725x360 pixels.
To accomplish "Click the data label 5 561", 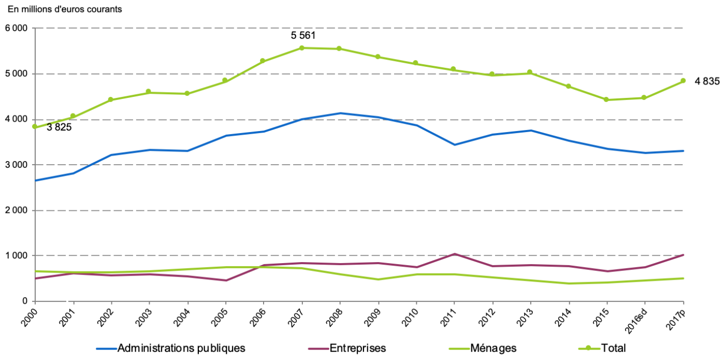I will coord(303,36).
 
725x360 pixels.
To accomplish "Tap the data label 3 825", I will coord(59,127).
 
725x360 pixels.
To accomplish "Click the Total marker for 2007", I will coord(301,48).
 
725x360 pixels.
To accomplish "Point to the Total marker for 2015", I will coord(606,99).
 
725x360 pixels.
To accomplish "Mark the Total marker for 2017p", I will coord(683,81).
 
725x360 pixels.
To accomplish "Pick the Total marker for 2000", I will coord(35,126).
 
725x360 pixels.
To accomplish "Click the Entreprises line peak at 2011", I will coord(454,254).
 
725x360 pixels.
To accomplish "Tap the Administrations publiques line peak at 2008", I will coord(340,113).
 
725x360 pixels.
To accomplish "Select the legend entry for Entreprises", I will coord(357,348).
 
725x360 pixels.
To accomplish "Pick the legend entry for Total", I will coord(614,348).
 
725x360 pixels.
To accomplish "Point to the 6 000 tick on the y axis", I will coord(16,28).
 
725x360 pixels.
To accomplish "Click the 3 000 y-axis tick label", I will coord(16,165).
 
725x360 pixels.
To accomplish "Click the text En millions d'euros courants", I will coord(65,9).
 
